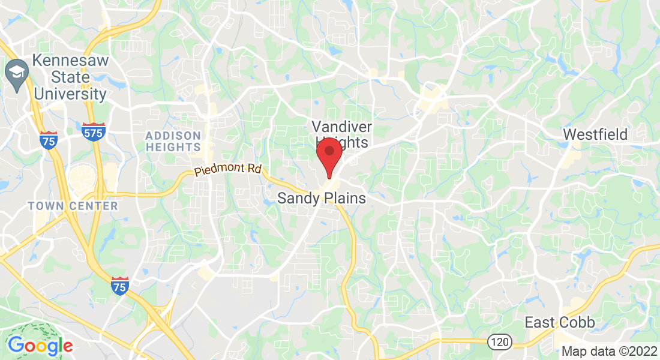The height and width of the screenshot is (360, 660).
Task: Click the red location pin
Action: pyautogui.click(x=329, y=155)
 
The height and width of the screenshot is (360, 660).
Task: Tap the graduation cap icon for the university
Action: pyautogui.click(x=14, y=71)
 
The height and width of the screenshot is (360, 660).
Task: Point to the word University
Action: pyautogui.click(x=70, y=94)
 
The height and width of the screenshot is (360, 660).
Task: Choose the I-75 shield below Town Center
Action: pyautogui.click(x=120, y=286)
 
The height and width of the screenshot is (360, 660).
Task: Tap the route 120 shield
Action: pyautogui.click(x=500, y=341)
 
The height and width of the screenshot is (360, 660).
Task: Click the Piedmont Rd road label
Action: pyautogui.click(x=227, y=170)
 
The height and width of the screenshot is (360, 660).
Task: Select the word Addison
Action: pyautogui.click(x=173, y=135)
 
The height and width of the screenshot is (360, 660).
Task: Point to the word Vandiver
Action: pyautogui.click(x=341, y=127)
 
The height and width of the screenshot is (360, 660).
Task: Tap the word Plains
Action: pyautogui.click(x=346, y=199)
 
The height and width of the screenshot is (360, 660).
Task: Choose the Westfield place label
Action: pyautogui.click(x=595, y=134)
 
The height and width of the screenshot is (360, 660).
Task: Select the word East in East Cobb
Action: pyautogui.click(x=540, y=322)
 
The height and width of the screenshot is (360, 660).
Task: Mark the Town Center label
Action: pyautogui.click(x=73, y=206)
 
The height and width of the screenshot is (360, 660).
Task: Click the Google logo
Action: pyautogui.click(x=40, y=346)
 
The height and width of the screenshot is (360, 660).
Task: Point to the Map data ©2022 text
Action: pyautogui.click(x=609, y=351)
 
